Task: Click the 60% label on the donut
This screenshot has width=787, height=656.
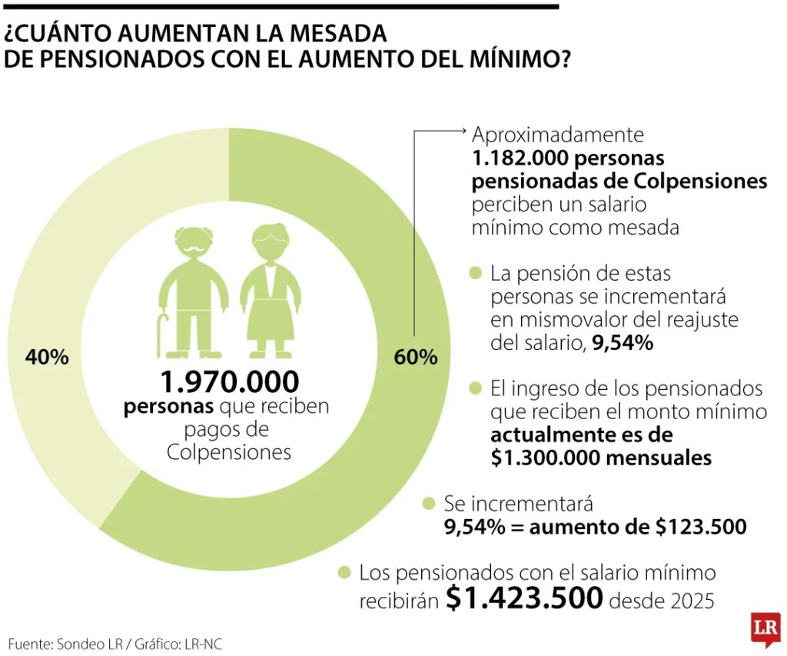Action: click(x=416, y=357)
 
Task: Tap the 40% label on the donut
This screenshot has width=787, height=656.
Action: click(x=47, y=357)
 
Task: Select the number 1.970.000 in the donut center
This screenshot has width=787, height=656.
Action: click(x=229, y=382)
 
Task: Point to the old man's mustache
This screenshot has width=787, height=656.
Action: click(x=192, y=248)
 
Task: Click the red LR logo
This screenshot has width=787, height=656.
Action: click(x=765, y=629)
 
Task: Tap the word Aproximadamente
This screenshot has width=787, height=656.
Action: click(x=557, y=135)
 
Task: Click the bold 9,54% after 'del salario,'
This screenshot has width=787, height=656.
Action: click(x=623, y=343)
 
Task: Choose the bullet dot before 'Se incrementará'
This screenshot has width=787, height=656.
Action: click(x=430, y=504)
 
